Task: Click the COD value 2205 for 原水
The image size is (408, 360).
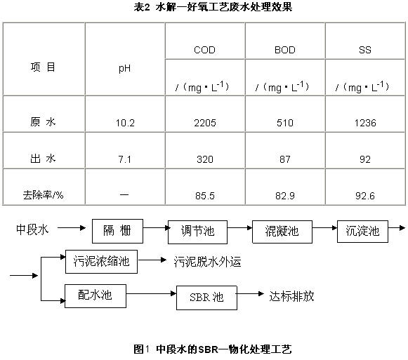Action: click(205, 123)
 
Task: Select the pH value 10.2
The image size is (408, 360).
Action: click(125, 123)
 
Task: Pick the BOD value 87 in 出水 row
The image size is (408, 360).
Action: click(285, 159)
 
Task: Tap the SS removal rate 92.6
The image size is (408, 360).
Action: click(365, 196)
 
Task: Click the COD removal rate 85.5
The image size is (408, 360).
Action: click(205, 196)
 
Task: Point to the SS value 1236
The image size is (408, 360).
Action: click(365, 123)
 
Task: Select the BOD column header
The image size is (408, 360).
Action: click(285, 50)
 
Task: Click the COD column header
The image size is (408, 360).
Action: click(205, 50)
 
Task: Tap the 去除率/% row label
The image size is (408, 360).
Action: click(44, 195)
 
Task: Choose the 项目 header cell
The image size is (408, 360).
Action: click(43, 67)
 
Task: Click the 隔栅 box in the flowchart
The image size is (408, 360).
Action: click(117, 231)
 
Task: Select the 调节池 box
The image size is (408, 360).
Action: click(197, 232)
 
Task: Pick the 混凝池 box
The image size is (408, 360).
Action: click(282, 232)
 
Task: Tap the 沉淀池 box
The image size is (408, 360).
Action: click(362, 232)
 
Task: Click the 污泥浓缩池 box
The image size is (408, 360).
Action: click(102, 262)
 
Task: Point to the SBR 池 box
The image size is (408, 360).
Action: click(206, 298)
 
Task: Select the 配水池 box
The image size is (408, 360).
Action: click(96, 296)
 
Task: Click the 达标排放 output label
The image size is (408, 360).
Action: click(291, 296)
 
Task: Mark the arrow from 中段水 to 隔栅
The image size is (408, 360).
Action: click(72, 228)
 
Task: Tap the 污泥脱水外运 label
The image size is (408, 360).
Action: click(207, 262)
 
